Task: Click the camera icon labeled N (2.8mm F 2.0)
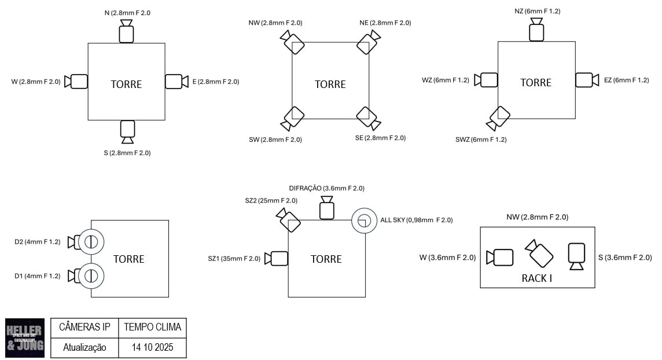click(126, 31)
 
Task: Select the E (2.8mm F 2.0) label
click(216, 82)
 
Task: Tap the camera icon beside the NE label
click(368, 42)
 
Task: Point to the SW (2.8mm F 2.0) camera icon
click(292, 118)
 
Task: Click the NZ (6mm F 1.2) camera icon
click(536, 30)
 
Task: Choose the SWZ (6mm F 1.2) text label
click(481, 139)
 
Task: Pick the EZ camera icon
click(587, 80)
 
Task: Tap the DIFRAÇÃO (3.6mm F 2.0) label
click(327, 188)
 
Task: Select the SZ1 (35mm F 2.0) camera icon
click(276, 258)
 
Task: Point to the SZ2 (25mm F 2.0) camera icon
click(288, 220)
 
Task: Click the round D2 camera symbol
click(90, 242)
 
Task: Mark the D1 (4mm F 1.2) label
click(38, 276)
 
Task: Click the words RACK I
click(537, 278)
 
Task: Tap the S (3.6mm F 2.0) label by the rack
click(628, 258)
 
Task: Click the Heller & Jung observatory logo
click(24, 337)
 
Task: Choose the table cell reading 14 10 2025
click(153, 347)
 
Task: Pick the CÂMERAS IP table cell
click(84, 327)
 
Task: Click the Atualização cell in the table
click(84, 347)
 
